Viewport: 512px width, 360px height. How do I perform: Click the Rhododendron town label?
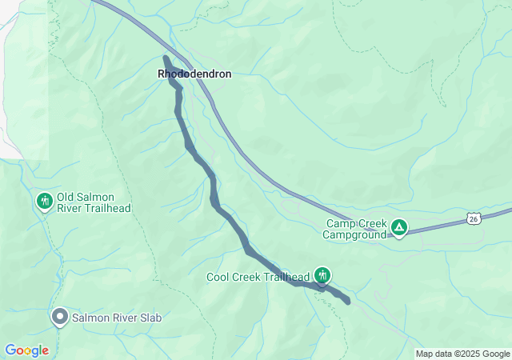tap(194, 74)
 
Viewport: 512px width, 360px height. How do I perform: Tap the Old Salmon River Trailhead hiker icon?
tap(45, 200)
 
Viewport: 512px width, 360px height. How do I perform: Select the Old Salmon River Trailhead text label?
tap(93, 202)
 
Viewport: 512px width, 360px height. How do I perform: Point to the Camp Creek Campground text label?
tap(355, 230)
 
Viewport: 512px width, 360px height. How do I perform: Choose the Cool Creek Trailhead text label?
tap(258, 278)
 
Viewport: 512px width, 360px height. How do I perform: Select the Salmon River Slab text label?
tap(117, 318)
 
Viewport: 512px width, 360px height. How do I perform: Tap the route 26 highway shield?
tap(474, 218)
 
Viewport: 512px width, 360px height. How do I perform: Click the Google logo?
tap(26, 350)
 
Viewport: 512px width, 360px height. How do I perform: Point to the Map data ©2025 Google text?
tap(462, 354)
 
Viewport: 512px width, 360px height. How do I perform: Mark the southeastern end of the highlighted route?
tap(347, 301)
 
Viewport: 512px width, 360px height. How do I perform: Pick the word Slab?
tap(150, 318)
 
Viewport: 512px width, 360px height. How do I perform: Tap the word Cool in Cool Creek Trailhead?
tap(219, 278)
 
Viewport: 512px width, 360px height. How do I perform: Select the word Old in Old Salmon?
tap(66, 197)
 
